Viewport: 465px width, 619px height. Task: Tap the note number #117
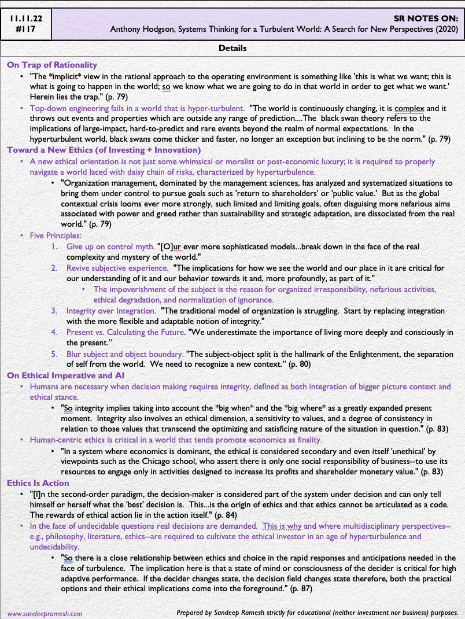(26, 30)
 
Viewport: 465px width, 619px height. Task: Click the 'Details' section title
(232, 48)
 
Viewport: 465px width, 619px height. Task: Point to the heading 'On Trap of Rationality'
(52, 65)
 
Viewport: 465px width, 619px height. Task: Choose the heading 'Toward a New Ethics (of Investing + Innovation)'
(108, 150)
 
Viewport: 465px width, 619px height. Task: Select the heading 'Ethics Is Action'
(38, 482)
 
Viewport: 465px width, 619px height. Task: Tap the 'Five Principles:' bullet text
(57, 235)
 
